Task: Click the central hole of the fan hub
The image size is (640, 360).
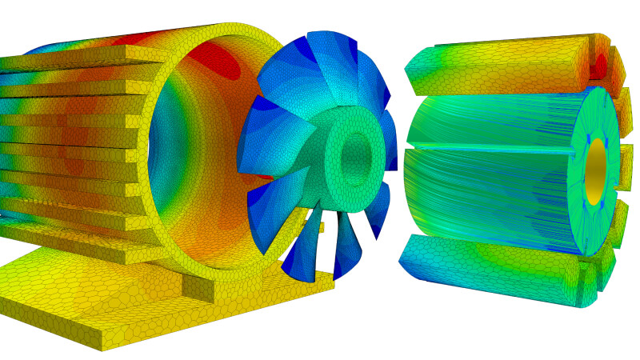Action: click(355, 158)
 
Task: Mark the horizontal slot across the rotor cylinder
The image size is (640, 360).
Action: click(488, 148)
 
